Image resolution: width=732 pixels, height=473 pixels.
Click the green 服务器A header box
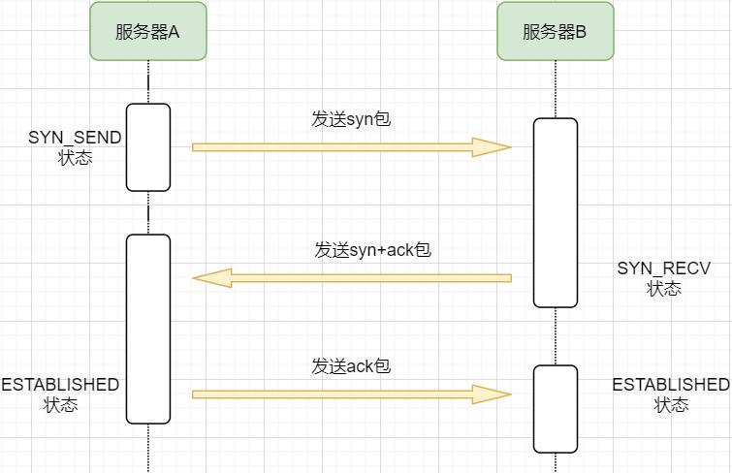click(148, 31)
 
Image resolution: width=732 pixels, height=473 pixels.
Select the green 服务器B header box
click(556, 31)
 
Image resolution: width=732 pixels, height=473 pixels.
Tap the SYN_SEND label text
click(75, 138)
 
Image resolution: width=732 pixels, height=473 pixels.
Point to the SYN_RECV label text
click(663, 268)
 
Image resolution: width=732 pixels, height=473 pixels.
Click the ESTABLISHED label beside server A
click(60, 384)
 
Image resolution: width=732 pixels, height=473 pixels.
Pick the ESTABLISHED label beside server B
click(671, 384)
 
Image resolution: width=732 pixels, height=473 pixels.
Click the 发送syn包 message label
click(351, 119)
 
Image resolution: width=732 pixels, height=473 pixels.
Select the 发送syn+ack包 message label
click(372, 250)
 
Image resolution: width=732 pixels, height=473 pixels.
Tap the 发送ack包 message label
click(351, 366)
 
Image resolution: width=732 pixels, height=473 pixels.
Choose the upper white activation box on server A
click(148, 147)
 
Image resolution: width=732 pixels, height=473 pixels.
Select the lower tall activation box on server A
click(148, 330)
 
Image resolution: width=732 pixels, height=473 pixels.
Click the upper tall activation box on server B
click(556, 213)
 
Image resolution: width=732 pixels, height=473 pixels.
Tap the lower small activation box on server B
click(556, 409)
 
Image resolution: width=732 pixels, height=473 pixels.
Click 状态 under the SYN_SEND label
click(76, 158)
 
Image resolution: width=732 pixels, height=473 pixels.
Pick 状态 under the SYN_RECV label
click(664, 289)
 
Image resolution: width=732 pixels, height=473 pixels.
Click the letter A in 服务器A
click(174, 32)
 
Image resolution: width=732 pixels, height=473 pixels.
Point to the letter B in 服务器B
click(581, 32)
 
